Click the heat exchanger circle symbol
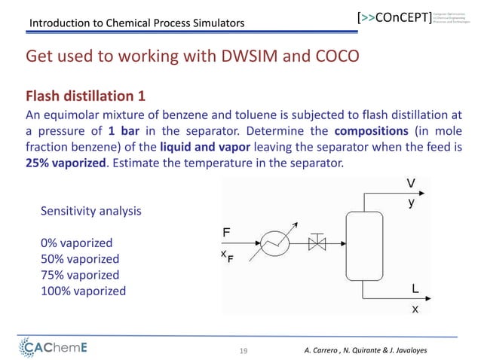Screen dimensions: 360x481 point(274,242)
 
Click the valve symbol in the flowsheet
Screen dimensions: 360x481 point(317,242)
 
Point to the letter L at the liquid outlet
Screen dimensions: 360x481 point(415,288)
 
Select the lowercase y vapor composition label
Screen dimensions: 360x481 point(411,203)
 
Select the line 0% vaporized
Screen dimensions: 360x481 point(77,243)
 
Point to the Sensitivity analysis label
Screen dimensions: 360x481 point(90,212)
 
